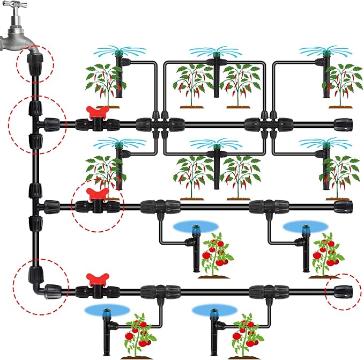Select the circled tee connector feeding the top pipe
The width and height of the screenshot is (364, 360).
point(36,123)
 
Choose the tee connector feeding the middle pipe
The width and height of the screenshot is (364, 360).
point(36,205)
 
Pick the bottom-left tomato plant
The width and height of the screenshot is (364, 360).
point(138,335)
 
